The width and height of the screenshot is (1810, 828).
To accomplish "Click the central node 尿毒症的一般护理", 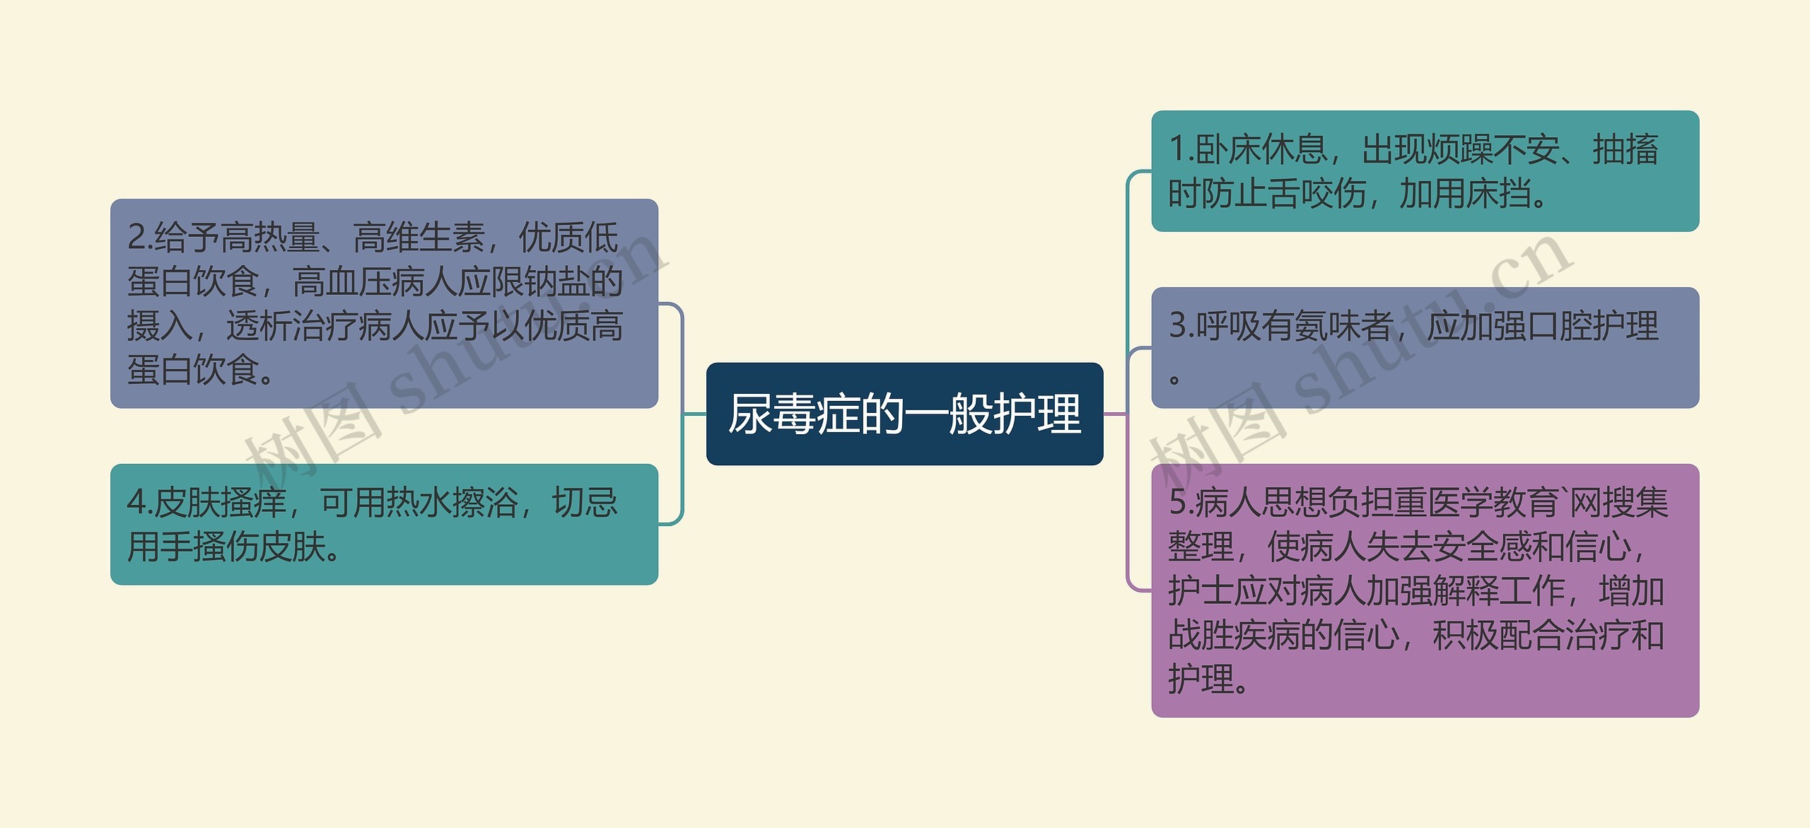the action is coord(904,414).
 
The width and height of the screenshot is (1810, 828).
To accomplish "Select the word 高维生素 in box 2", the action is coord(419,238).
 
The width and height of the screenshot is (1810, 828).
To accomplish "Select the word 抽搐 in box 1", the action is coord(1625,149).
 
